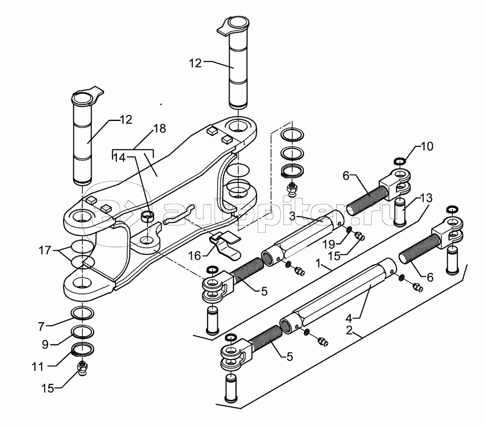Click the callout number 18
coord(160,128)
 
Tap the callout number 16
coord(195,256)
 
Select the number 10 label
coord(427,146)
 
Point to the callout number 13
coord(426,198)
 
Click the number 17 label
coord(45,250)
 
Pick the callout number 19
coord(329,244)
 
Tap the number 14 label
coord(120,158)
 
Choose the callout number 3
coord(293,216)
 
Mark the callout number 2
coord(349,330)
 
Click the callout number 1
coord(318,264)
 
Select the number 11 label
coord(38,367)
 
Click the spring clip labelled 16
coord(225,244)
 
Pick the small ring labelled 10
coord(400,161)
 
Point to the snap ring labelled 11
coord(82,349)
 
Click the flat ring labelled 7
coord(82,313)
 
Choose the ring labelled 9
coord(82,331)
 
